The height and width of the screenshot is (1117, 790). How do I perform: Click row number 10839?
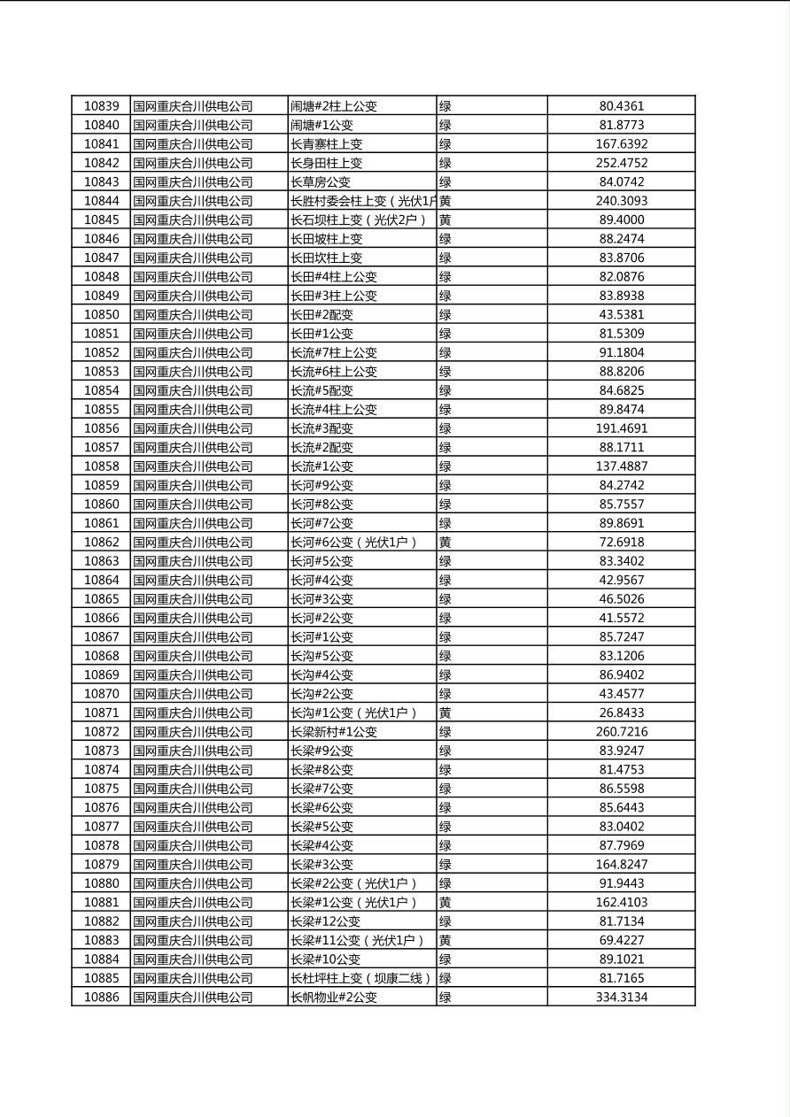pos(101,106)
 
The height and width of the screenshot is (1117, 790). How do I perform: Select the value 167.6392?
pos(622,144)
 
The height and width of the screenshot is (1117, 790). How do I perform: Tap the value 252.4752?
pos(622,163)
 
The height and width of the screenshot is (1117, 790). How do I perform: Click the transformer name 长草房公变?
pos(321,182)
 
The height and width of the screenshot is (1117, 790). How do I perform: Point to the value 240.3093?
pos(622,201)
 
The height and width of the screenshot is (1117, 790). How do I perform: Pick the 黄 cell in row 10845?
pos(445,220)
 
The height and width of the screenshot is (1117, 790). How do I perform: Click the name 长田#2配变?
pos(321,315)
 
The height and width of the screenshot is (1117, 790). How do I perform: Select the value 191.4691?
pos(622,428)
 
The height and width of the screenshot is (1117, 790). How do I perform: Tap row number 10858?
pos(101,466)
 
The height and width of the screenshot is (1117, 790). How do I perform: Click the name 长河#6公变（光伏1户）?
pos(353,543)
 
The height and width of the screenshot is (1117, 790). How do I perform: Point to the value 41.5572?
pos(622,618)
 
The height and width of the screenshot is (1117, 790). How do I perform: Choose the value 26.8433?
pos(622,713)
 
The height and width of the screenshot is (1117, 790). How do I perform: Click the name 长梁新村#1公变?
pos(334,732)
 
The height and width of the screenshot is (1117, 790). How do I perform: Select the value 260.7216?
pos(622,732)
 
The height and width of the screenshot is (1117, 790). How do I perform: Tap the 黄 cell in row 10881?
pos(445,903)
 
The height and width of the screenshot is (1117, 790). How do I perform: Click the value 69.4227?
pos(622,940)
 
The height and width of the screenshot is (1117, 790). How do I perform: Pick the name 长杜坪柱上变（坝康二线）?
pos(361,978)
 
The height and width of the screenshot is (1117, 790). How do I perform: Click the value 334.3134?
pos(622,998)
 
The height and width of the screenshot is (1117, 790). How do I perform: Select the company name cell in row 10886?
pos(193,998)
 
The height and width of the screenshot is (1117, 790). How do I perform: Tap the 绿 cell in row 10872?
pos(445,732)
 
